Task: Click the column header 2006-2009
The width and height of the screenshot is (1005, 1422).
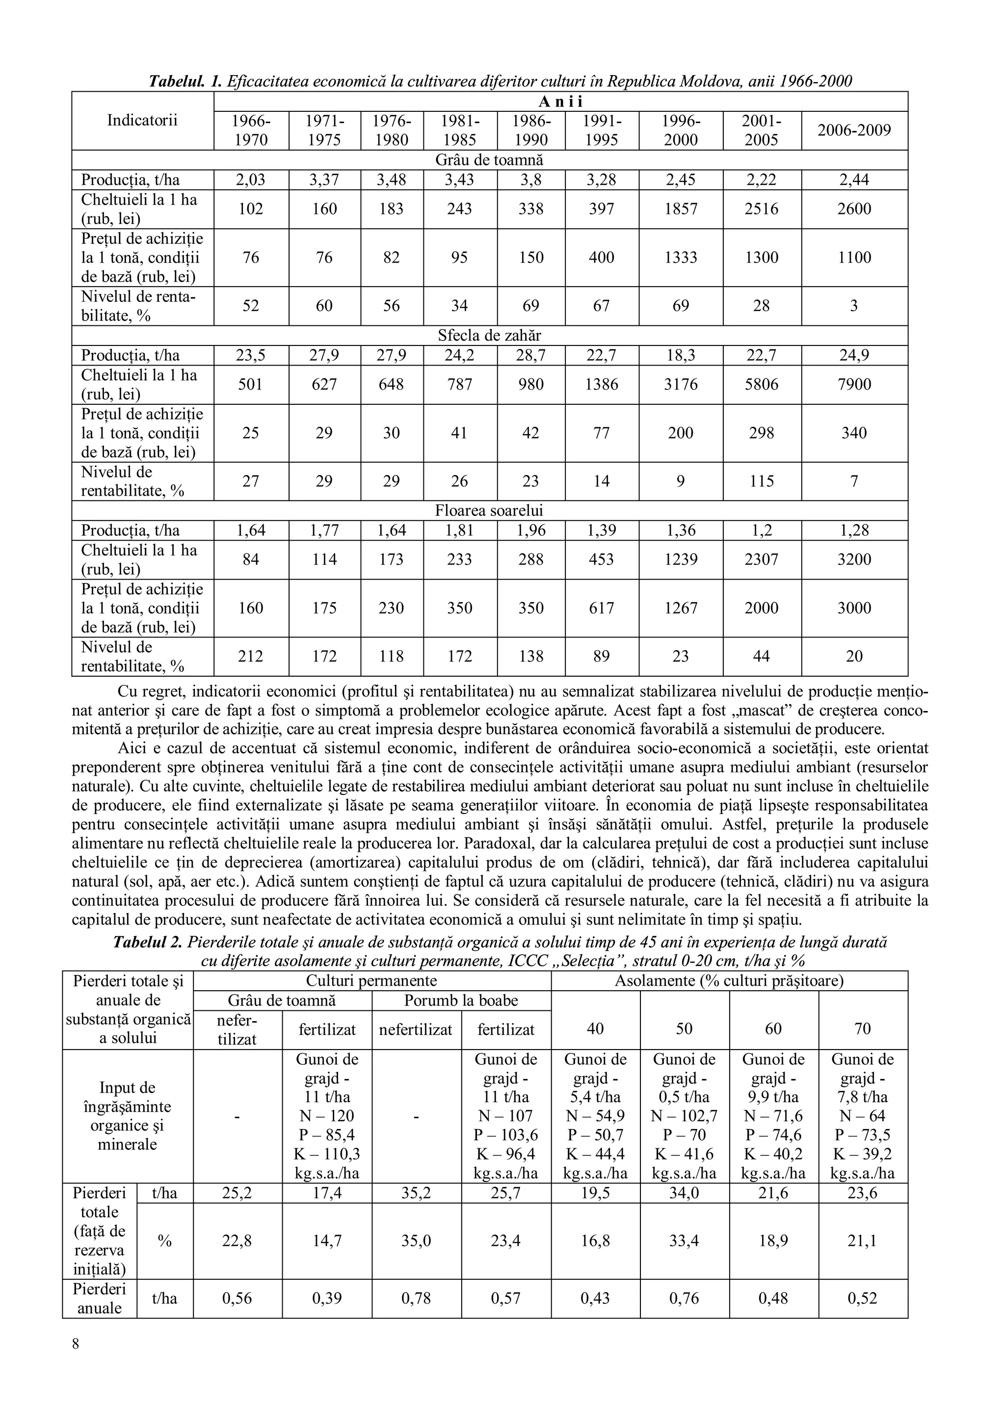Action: (x=854, y=131)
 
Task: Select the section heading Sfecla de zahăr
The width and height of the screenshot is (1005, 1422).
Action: (x=489, y=336)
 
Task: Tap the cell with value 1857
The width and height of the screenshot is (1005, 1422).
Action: (x=681, y=209)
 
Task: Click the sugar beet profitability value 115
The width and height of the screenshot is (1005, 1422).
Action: (x=761, y=481)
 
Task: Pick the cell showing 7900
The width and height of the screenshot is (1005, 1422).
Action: (x=854, y=384)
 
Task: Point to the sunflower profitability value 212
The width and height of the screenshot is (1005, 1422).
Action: (x=251, y=657)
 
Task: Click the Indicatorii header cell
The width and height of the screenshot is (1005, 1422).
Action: (x=142, y=120)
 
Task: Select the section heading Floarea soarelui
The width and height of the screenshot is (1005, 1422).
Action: (x=489, y=511)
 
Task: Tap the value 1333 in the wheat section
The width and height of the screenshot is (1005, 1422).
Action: (x=681, y=257)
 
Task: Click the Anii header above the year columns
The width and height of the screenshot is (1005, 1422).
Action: (x=560, y=102)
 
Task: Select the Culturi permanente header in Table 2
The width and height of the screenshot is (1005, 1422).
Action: (x=371, y=980)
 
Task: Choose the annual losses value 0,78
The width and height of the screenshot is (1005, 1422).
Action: (x=416, y=1298)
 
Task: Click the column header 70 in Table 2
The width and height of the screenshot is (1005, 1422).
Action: (x=862, y=1029)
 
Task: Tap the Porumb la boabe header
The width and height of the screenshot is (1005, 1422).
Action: (x=461, y=1000)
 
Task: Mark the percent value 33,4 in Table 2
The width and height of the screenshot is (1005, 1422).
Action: (x=684, y=1240)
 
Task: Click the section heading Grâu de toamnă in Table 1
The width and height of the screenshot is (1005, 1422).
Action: (x=489, y=160)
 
